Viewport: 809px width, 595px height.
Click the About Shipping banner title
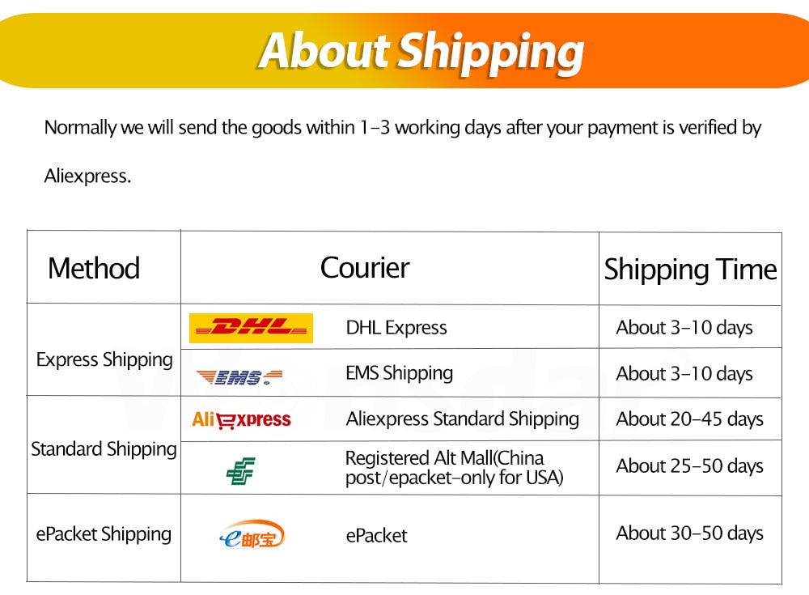click(x=421, y=52)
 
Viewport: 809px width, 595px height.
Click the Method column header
click(x=94, y=268)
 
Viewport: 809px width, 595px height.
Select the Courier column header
click(x=365, y=267)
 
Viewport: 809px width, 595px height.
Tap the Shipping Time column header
click(x=690, y=270)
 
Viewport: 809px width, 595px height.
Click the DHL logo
click(x=252, y=328)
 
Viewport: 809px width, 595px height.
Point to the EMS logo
click(x=239, y=377)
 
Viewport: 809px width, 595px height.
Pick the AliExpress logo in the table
click(x=241, y=419)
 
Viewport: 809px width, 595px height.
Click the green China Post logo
click(x=241, y=470)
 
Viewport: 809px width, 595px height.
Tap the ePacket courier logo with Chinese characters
click(x=252, y=535)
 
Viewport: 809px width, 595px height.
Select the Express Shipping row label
click(x=104, y=360)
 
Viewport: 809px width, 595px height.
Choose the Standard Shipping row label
click(x=104, y=449)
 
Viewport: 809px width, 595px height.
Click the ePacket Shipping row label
click(x=104, y=534)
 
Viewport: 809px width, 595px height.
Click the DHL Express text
click(x=396, y=328)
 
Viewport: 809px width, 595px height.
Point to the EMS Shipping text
click(x=400, y=373)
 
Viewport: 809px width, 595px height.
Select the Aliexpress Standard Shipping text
click(x=462, y=419)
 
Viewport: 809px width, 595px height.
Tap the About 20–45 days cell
click(x=689, y=419)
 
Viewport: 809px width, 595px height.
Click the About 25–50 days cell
click(x=689, y=466)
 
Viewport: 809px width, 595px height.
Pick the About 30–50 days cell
click(x=689, y=533)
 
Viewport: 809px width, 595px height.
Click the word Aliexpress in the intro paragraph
click(x=87, y=176)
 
